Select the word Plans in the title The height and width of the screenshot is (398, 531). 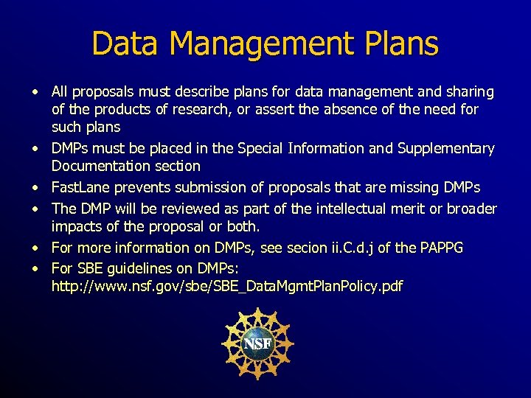click(401, 43)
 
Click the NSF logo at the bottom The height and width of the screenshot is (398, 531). click(257, 343)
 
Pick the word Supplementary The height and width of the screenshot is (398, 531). click(445, 149)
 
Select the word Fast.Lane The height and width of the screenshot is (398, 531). click(77, 187)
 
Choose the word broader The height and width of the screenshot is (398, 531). click(472, 209)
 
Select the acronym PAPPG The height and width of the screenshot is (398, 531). click(440, 248)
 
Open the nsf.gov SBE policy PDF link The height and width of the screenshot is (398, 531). click(226, 286)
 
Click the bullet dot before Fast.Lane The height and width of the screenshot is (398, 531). click(35, 187)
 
